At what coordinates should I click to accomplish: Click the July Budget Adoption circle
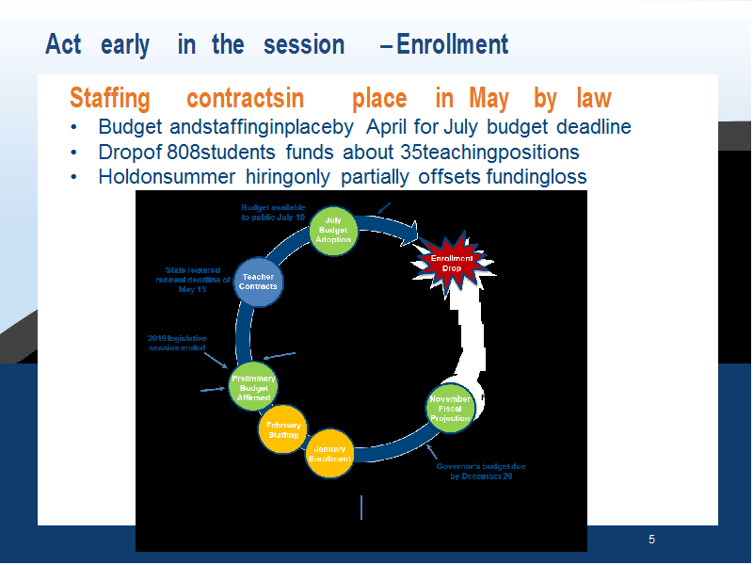coord(333,231)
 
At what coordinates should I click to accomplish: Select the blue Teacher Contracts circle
coord(258,282)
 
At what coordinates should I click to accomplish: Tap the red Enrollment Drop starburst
coord(453,264)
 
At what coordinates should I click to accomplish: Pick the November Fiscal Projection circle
coord(451,409)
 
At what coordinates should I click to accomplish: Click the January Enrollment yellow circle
coord(330,454)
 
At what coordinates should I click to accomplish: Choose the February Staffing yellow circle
coord(283,429)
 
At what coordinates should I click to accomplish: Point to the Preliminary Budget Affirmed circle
coord(253,387)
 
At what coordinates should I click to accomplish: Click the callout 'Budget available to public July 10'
coord(273,213)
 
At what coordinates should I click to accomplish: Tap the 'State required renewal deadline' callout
coord(193,280)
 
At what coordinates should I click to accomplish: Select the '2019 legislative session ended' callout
coord(177,343)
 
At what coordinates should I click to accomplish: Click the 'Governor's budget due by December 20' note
coord(481,472)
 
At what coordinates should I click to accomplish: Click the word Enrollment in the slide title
coord(453,44)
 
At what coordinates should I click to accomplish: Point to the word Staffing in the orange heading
coord(110,99)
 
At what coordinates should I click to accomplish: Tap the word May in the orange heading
coord(489,99)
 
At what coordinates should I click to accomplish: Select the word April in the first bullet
coord(386,127)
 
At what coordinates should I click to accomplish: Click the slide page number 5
coord(651,540)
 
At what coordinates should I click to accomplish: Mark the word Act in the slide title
coord(63,44)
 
